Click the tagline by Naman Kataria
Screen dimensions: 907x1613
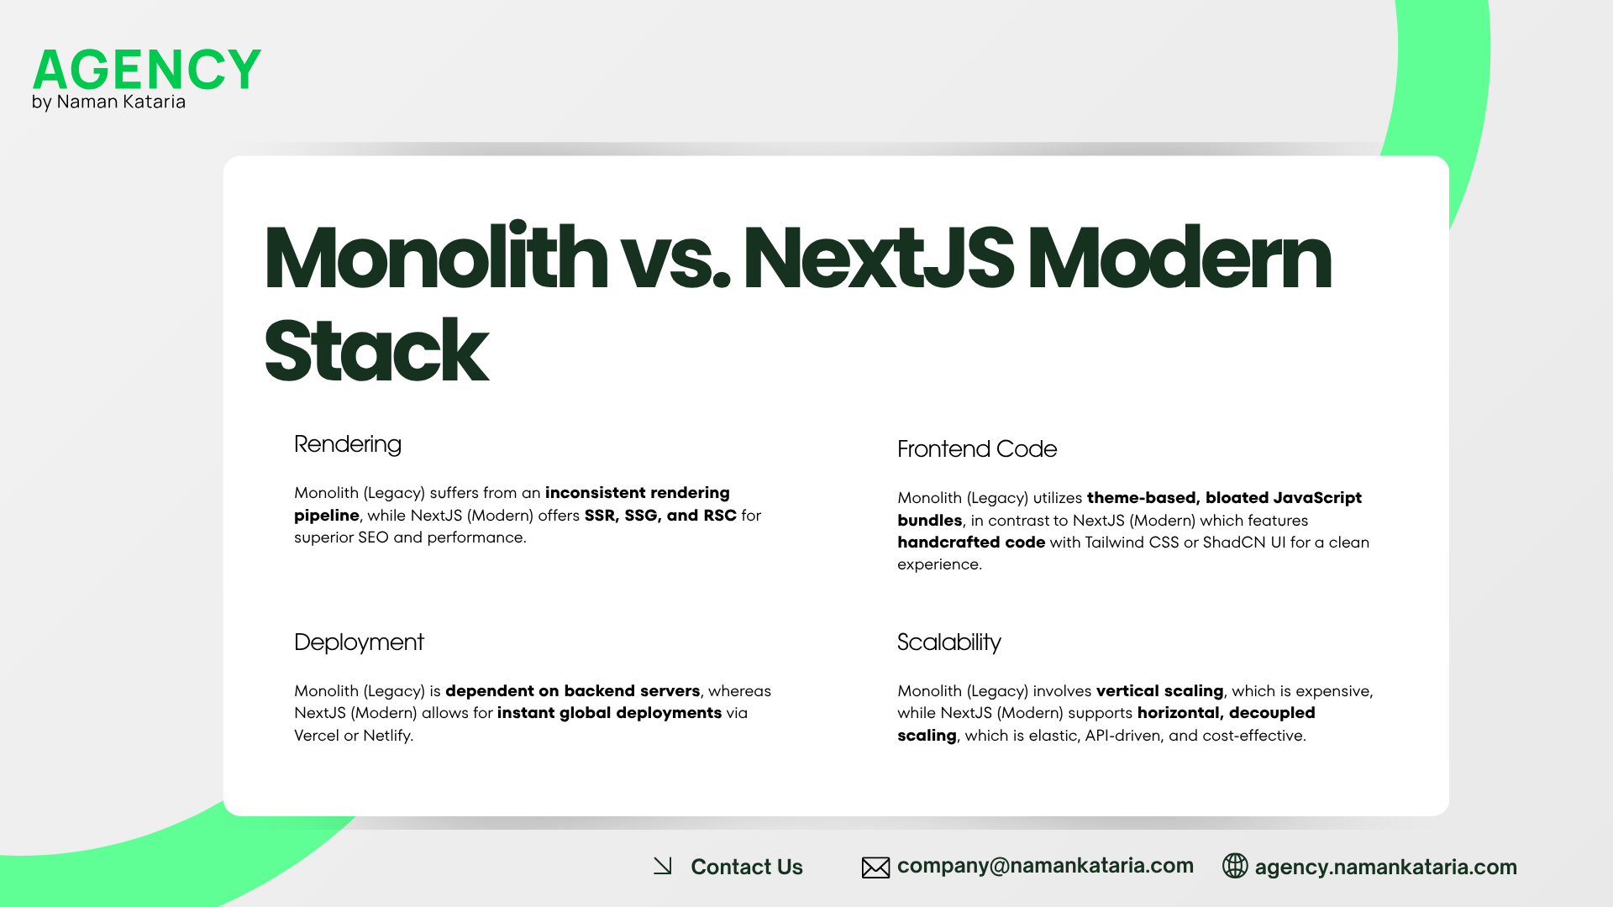[108, 102]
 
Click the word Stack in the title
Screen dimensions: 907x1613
[376, 351]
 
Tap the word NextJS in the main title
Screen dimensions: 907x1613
[878, 258]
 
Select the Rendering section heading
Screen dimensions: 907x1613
[347, 444]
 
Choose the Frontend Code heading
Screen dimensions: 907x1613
[976, 449]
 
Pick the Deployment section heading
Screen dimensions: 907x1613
[359, 642]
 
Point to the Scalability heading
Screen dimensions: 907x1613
[948, 642]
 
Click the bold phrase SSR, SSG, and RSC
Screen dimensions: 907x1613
[660, 515]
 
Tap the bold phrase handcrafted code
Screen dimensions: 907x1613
[971, 543]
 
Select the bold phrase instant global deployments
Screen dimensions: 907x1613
[609, 713]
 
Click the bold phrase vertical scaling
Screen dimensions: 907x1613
[1159, 691]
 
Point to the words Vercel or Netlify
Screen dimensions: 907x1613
[353, 736]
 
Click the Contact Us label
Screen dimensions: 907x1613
[746, 867]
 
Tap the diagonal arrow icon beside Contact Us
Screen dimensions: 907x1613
[663, 866]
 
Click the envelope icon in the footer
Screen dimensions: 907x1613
[875, 868]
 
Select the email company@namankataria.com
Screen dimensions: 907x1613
[1045, 866]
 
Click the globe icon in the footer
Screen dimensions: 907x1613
[1235, 866]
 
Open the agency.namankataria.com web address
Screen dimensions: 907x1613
[1385, 867]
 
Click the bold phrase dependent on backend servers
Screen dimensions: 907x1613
[572, 691]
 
